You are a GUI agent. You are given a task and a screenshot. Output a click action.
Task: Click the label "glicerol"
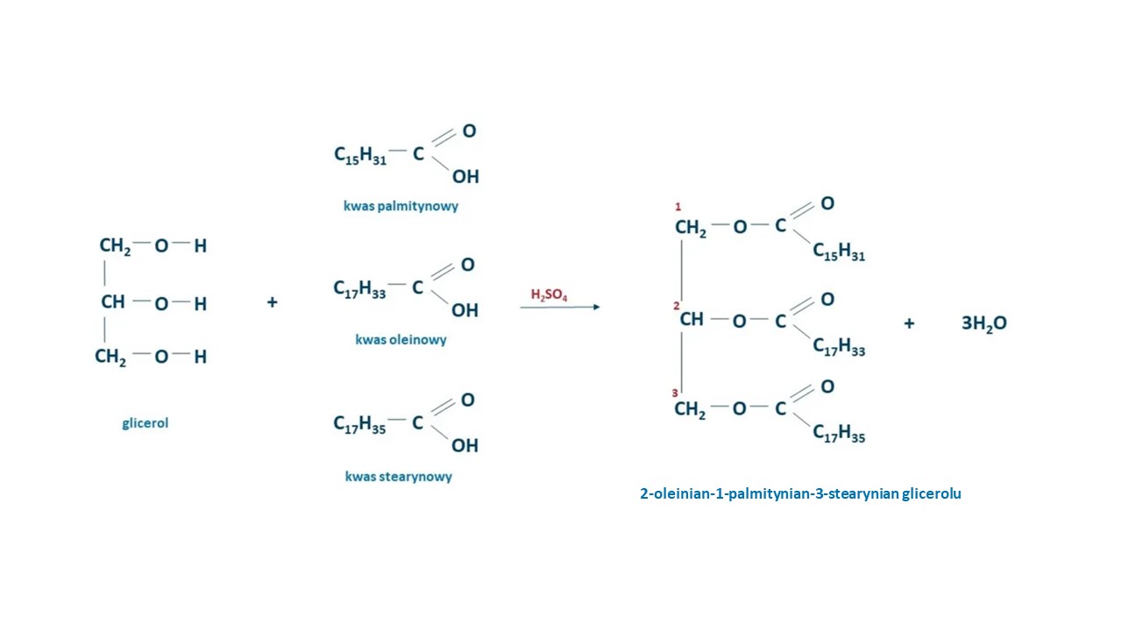pyautogui.click(x=146, y=423)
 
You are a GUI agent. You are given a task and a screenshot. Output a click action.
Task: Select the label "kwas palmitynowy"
pyautogui.click(x=401, y=206)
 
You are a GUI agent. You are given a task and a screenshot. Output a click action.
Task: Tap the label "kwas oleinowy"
pyautogui.click(x=401, y=340)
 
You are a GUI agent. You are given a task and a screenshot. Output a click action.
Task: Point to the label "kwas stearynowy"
pyautogui.click(x=399, y=476)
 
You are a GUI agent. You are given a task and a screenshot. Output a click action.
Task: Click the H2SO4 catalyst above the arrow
pyautogui.click(x=549, y=295)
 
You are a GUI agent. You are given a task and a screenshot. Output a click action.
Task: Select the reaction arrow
pyautogui.click(x=560, y=307)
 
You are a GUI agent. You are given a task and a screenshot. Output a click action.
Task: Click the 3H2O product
pyautogui.click(x=984, y=324)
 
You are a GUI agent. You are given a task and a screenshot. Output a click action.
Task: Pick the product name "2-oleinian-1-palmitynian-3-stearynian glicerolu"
pyautogui.click(x=800, y=493)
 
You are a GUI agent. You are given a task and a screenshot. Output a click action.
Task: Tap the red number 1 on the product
pyautogui.click(x=678, y=206)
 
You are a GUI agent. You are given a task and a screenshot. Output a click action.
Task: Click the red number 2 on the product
pyautogui.click(x=676, y=306)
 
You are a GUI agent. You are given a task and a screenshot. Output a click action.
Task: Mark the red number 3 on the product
pyautogui.click(x=675, y=393)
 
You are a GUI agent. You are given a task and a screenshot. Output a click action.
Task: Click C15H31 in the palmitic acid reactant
pyautogui.click(x=360, y=156)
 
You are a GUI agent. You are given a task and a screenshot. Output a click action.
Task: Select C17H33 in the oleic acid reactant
pyautogui.click(x=359, y=289)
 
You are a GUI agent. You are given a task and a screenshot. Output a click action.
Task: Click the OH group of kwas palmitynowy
pyautogui.click(x=465, y=177)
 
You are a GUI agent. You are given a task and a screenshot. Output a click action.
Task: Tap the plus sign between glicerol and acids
pyautogui.click(x=272, y=302)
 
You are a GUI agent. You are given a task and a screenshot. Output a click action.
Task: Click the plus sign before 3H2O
pyautogui.click(x=909, y=323)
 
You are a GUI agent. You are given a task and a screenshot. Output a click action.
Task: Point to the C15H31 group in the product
pyautogui.click(x=839, y=252)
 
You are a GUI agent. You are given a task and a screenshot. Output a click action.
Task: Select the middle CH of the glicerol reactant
pyautogui.click(x=113, y=302)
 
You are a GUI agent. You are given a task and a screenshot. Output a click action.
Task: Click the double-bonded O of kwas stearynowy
pyautogui.click(x=467, y=401)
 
